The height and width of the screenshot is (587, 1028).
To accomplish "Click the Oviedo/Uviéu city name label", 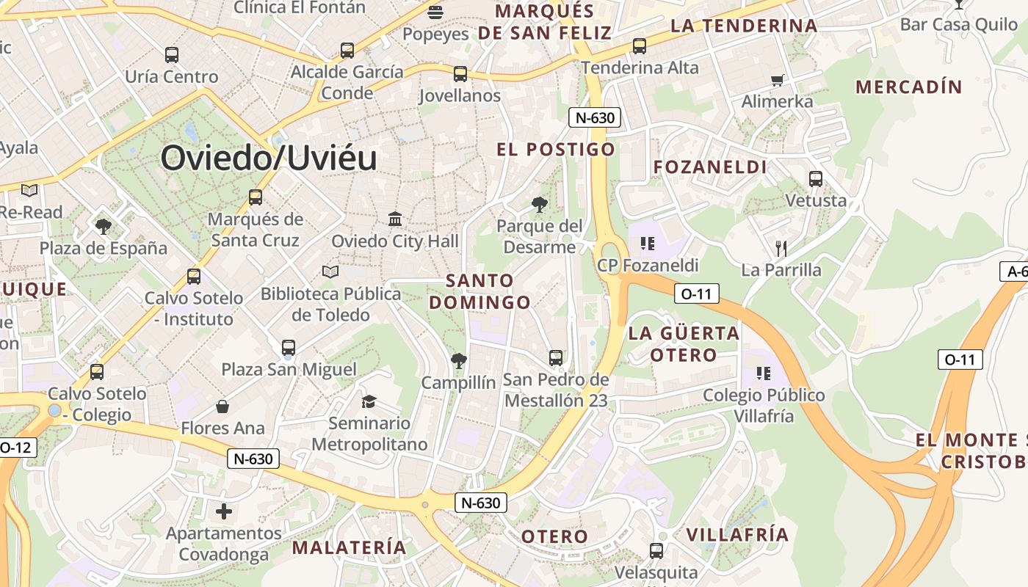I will pos(269,158).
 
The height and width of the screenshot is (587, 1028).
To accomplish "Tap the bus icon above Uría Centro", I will pos(172,54).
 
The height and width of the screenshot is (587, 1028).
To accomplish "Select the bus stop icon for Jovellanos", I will pos(460,74).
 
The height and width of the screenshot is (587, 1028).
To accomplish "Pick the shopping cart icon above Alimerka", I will pos(777,80).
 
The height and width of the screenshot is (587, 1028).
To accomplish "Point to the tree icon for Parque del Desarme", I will pos(540,205).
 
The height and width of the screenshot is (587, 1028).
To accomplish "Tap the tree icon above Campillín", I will pos(459,360).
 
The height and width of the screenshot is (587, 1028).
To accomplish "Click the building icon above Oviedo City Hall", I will pos(395,219).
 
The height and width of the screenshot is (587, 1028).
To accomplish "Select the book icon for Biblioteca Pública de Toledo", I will pos(330,272).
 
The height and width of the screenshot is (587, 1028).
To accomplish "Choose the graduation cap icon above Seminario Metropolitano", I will pos(369,401).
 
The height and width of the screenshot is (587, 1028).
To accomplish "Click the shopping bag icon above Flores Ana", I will pos(222,406).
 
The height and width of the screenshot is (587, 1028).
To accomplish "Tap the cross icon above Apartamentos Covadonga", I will pos(224,511).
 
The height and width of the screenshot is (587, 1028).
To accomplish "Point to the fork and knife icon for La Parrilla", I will pos(781,248).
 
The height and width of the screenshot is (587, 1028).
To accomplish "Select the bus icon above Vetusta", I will pos(816,178).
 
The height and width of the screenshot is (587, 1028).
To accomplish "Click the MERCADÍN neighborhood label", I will pos(909,87).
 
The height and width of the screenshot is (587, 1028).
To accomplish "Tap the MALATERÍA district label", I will pos(349,547).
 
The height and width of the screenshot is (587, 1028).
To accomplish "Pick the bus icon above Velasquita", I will pos(656,550).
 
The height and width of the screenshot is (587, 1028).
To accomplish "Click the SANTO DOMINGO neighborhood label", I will pos(480,291).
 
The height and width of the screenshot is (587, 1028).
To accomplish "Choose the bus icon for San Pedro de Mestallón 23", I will pos(556,358).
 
